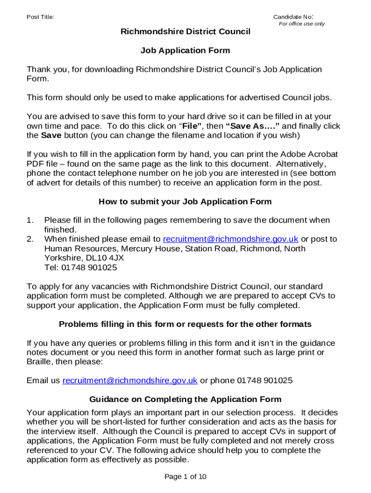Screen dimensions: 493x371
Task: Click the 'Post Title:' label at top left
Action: (40, 17)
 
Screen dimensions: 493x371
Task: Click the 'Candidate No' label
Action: (293, 17)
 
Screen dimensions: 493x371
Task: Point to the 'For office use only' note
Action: (302, 24)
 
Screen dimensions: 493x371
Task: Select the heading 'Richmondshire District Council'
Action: (185, 32)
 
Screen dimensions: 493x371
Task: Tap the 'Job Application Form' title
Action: (185, 51)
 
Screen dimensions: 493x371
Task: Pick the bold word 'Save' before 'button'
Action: (51, 135)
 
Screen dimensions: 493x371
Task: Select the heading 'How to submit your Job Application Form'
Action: (185, 202)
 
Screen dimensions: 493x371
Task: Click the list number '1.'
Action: (30, 221)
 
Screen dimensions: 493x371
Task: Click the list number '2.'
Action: (30, 239)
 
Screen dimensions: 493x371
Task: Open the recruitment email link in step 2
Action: (231, 239)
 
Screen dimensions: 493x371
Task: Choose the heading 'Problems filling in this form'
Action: (185, 324)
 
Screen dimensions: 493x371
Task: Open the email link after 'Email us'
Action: (130, 380)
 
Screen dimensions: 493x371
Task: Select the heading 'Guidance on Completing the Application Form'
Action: (185, 400)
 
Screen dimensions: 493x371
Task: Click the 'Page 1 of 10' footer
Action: (185, 477)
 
